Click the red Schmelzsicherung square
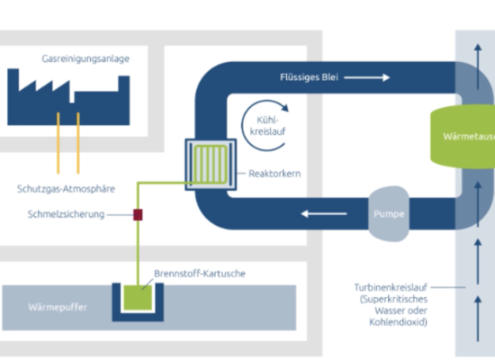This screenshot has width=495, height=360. [138, 215]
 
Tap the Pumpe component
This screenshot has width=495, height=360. [389, 214]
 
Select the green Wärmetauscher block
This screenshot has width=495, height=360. [463, 137]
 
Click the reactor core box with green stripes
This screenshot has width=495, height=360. [211, 165]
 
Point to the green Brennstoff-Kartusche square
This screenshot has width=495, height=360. [138, 298]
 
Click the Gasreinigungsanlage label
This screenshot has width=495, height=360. [85, 58]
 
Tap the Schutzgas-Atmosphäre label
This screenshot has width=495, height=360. [66, 189]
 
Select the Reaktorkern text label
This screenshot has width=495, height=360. [274, 174]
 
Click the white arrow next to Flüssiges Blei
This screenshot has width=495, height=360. [367, 77]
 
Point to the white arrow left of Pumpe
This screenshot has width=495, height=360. [324, 214]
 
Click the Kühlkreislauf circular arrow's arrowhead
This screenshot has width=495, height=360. [284, 107]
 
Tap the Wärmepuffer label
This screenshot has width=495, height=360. [58, 307]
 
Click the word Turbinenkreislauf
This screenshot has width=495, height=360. [391, 287]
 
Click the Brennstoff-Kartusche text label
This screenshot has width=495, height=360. [200, 274]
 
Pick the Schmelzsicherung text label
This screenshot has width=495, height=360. [66, 214]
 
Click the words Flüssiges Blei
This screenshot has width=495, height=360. [309, 77]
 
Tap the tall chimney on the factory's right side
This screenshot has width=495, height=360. [124, 84]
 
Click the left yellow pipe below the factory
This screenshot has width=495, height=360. [58, 143]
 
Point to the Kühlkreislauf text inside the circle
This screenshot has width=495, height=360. [267, 126]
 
